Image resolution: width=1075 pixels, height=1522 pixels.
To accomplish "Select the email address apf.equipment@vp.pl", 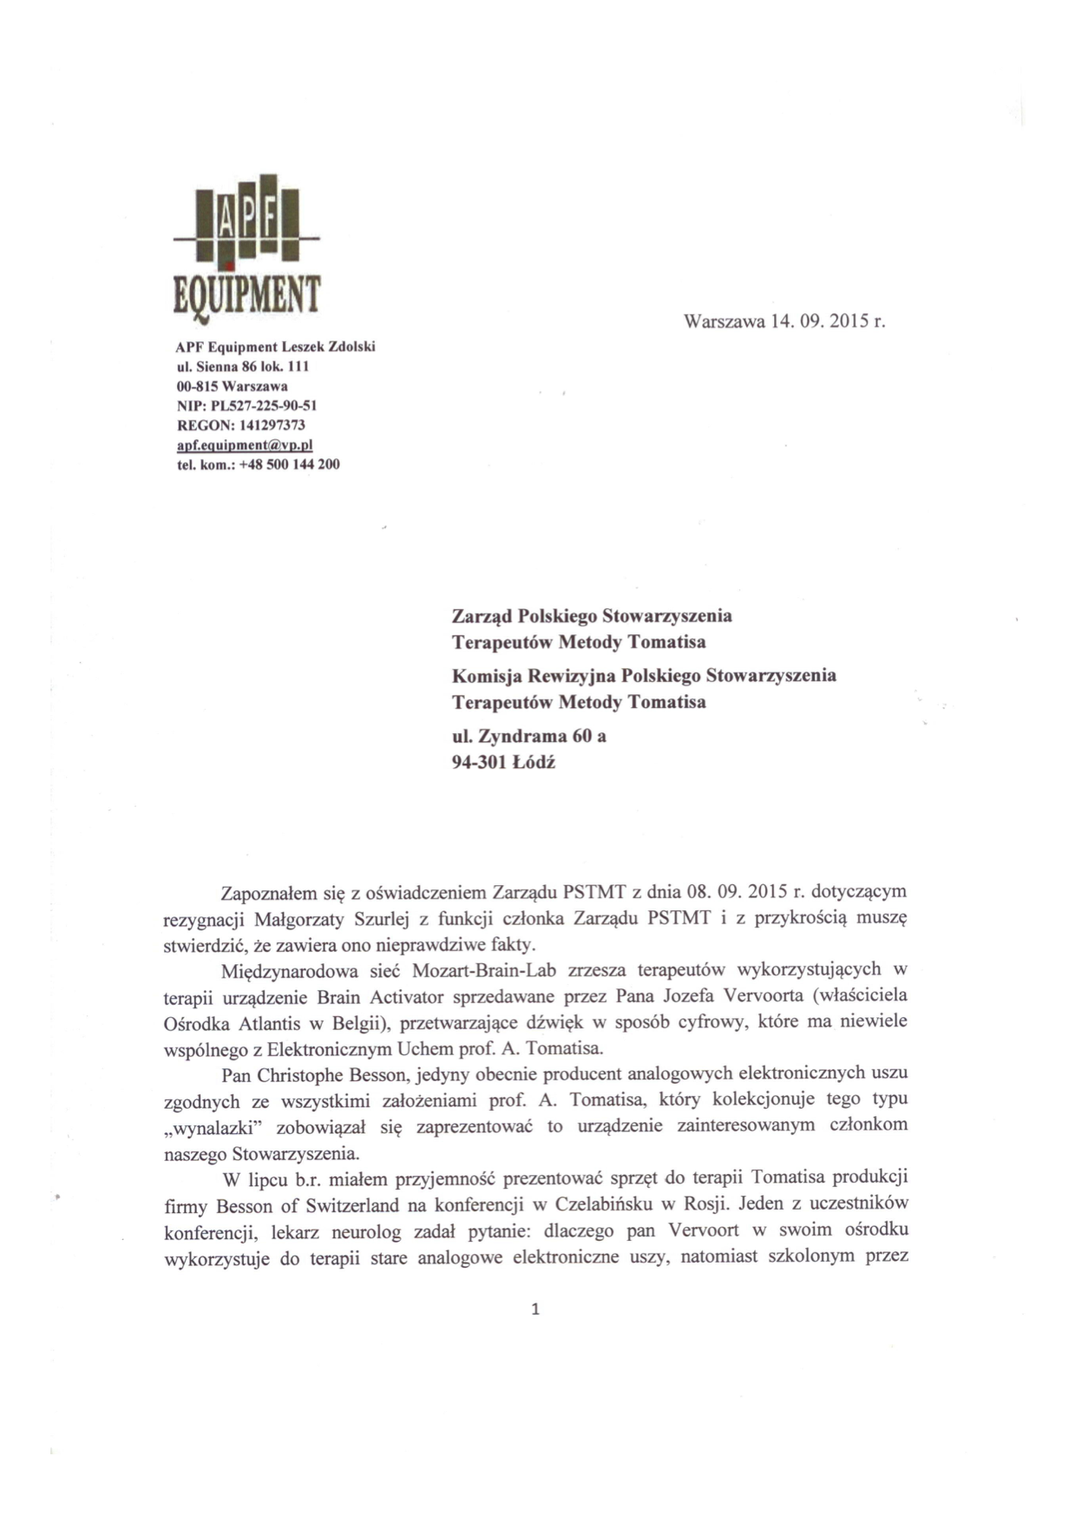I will [x=244, y=444].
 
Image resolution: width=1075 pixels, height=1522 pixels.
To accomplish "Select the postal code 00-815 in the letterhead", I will [x=195, y=385].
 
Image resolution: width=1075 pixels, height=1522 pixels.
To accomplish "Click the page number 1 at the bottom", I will [x=534, y=1309].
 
